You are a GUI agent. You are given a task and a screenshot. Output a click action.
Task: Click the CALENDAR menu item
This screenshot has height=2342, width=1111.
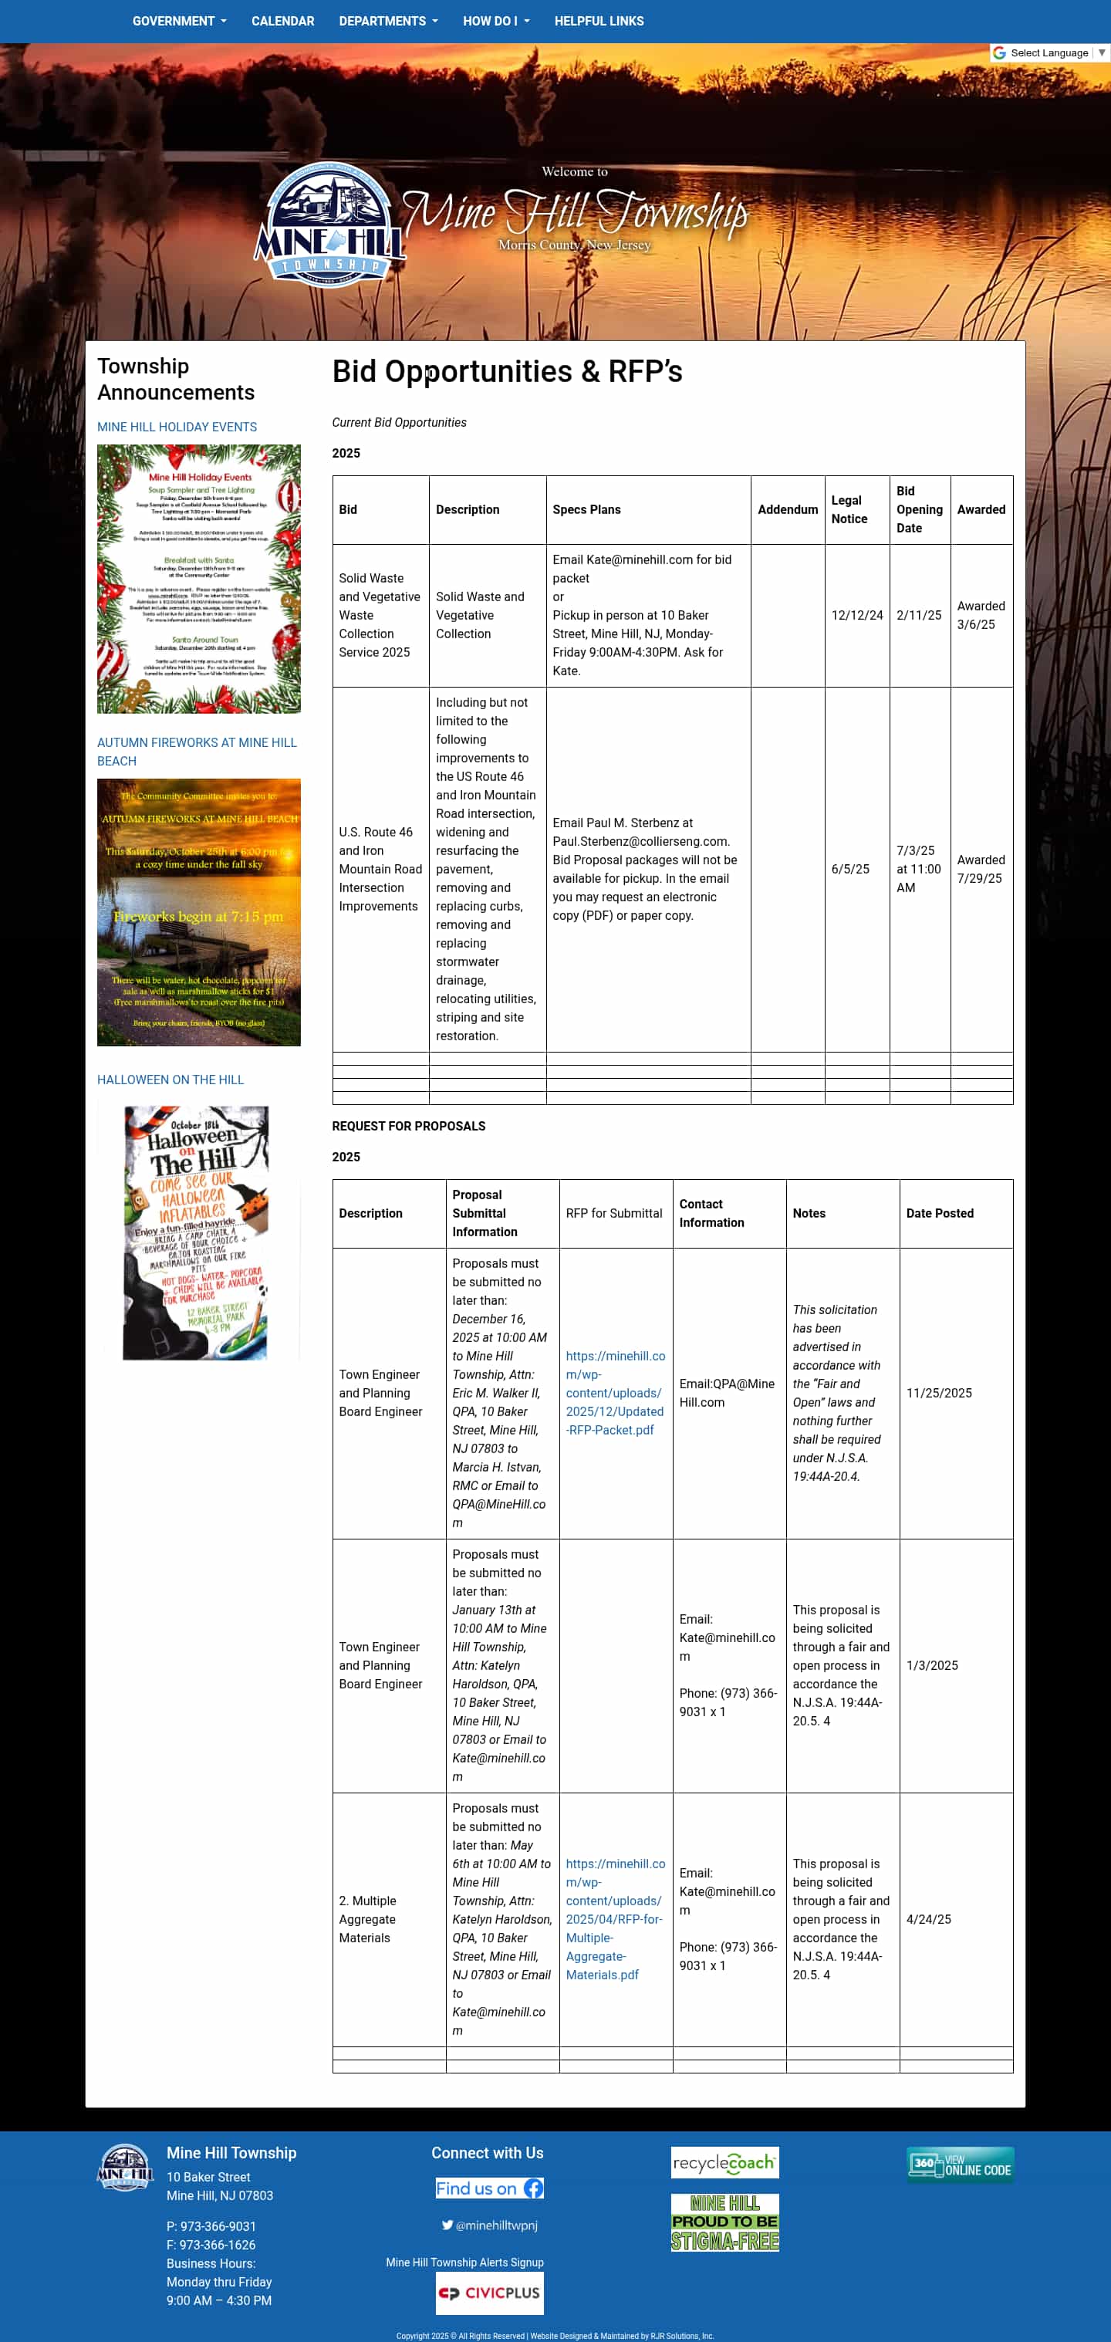(x=282, y=21)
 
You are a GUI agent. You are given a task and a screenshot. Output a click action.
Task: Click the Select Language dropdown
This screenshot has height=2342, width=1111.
(x=1049, y=52)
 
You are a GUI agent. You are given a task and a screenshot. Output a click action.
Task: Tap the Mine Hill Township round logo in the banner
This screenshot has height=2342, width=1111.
(x=329, y=224)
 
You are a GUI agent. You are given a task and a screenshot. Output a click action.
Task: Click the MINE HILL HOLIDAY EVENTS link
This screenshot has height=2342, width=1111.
(x=177, y=427)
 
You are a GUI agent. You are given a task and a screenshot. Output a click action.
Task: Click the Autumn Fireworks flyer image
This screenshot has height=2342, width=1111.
(x=198, y=912)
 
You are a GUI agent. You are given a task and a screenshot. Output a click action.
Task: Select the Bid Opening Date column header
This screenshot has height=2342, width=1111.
(x=918, y=509)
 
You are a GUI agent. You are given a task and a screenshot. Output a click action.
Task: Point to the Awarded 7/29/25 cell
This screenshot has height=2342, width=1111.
(x=980, y=868)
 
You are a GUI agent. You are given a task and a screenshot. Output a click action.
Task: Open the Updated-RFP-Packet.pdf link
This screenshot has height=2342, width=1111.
(x=615, y=1392)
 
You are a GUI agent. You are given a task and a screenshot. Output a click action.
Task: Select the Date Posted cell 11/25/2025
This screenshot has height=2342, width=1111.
(x=938, y=1392)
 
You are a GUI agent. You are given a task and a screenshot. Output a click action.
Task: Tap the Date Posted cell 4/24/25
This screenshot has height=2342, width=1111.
(x=928, y=1918)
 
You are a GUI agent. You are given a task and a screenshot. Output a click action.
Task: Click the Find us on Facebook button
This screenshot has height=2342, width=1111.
(x=489, y=2188)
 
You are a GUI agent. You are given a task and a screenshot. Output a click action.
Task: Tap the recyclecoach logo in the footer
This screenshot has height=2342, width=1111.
(x=724, y=2162)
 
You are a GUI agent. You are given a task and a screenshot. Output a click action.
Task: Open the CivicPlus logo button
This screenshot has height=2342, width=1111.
(x=489, y=2292)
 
